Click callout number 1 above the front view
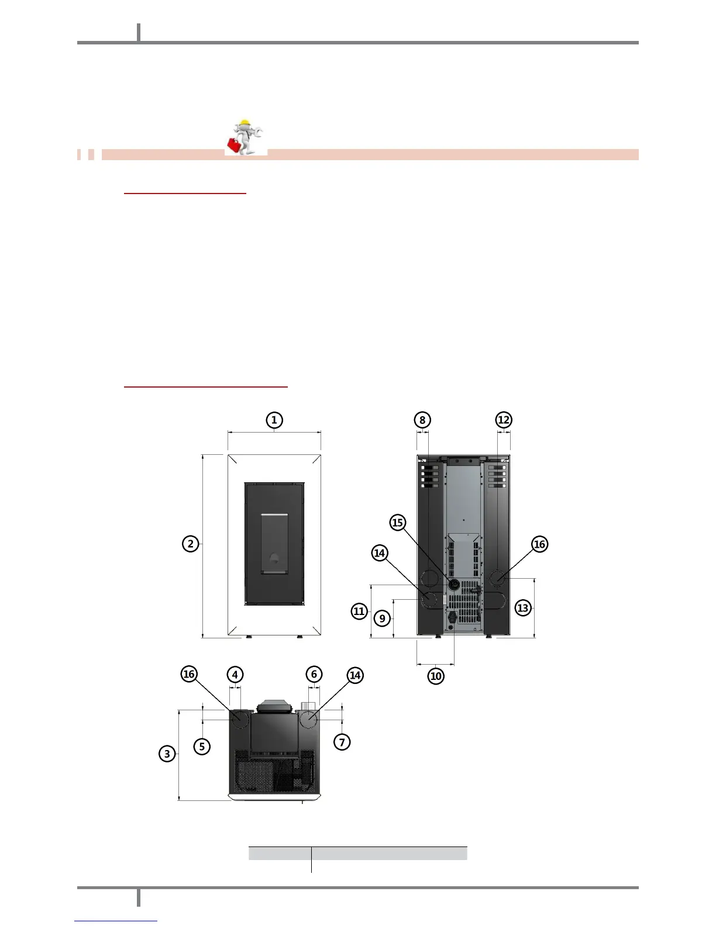coord(274,420)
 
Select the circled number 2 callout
coord(191,544)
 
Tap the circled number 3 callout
coord(167,754)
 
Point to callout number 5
coord(202,746)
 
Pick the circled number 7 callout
coord(342,742)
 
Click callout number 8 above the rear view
coord(422,420)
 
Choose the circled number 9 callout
coord(382,618)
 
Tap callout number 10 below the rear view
coord(436,676)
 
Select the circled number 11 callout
coord(359,611)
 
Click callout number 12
coord(504,420)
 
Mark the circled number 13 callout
coord(523,608)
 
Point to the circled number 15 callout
coord(398,522)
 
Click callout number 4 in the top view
coord(235,675)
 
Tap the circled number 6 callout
coord(314,674)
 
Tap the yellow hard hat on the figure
coord(244,123)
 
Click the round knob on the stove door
coord(274,559)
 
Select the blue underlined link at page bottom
coord(116,921)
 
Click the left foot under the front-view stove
coord(249,637)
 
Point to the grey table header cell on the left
coord(280,854)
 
